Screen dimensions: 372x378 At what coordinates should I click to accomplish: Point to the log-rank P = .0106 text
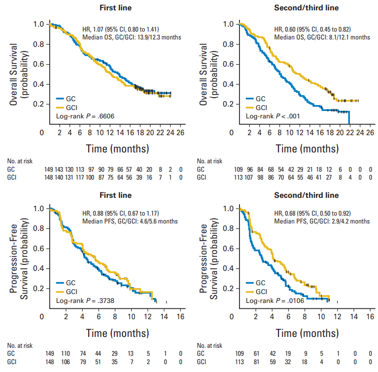(275, 300)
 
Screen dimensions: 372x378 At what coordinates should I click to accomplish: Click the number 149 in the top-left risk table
(49, 169)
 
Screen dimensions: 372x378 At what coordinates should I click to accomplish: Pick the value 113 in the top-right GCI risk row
(238, 177)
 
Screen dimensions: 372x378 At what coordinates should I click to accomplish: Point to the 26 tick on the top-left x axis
(181, 133)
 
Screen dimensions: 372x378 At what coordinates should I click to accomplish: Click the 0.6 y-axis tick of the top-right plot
(228, 64)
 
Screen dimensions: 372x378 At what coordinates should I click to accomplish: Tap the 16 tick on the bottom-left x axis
(181, 316)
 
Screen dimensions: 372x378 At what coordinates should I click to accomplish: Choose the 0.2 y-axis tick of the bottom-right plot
(228, 289)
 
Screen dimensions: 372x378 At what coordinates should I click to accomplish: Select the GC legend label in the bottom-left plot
(71, 283)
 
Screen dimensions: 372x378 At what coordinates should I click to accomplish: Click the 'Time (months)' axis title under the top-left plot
(118, 148)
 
